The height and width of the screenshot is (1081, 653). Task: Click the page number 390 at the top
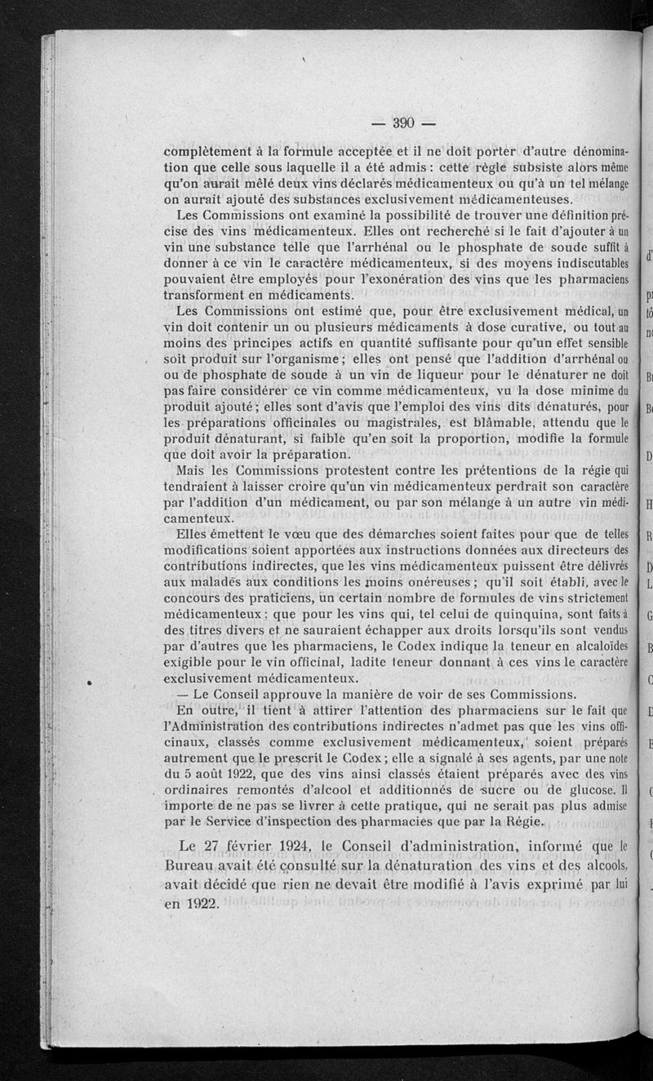[405, 124]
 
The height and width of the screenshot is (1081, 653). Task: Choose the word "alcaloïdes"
[597, 645]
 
